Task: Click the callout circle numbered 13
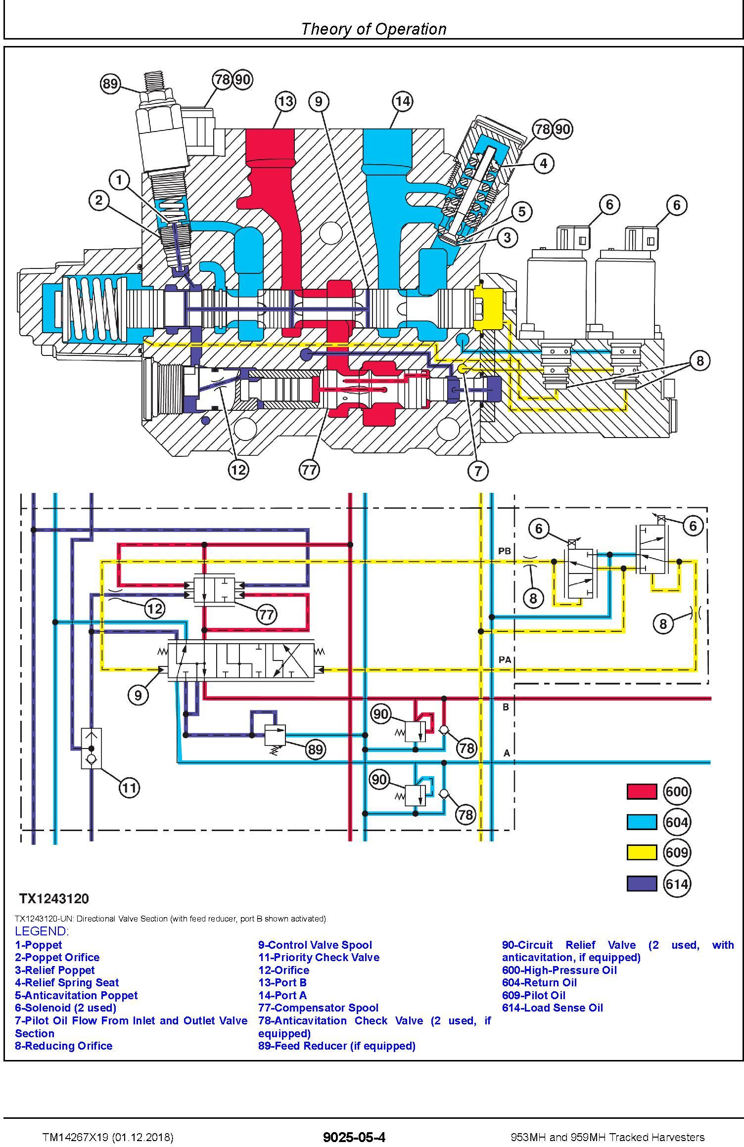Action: pyautogui.click(x=285, y=102)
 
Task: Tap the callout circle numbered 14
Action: pyautogui.click(x=403, y=102)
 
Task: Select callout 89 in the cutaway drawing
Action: pyautogui.click(x=110, y=84)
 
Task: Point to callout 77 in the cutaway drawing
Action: pyautogui.click(x=309, y=469)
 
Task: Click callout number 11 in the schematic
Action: pyautogui.click(x=129, y=788)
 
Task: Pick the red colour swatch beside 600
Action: pyautogui.click(x=642, y=792)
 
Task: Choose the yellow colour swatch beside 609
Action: pyautogui.click(x=642, y=852)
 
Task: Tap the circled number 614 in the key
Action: pyautogui.click(x=677, y=883)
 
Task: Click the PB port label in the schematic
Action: pyautogui.click(x=505, y=551)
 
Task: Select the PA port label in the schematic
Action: pyautogui.click(x=505, y=660)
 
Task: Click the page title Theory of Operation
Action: pyautogui.click(x=373, y=29)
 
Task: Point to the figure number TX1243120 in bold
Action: pyautogui.click(x=54, y=898)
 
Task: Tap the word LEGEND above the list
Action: pyautogui.click(x=42, y=931)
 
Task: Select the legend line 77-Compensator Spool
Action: pyautogui.click(x=318, y=1008)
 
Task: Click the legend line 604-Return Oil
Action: pyautogui.click(x=539, y=982)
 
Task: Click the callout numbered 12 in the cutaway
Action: pyautogui.click(x=238, y=469)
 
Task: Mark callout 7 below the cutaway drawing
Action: pyautogui.click(x=478, y=470)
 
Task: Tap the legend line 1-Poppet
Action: pyautogui.click(x=39, y=945)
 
